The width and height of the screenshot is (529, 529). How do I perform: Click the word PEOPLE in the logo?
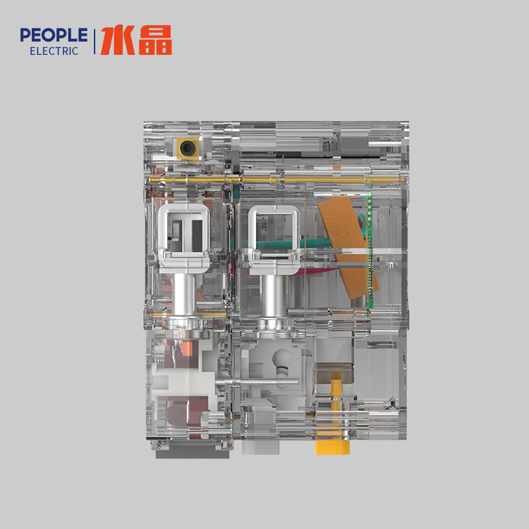click(x=54, y=34)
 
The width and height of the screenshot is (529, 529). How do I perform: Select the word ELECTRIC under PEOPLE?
click(x=54, y=51)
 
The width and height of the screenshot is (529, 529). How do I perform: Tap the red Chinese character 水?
click(x=116, y=40)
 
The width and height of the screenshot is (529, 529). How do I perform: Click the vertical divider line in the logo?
click(x=95, y=41)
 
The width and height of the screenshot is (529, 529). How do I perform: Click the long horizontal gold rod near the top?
click(x=278, y=179)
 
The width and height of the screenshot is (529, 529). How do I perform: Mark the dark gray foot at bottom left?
click(x=192, y=454)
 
